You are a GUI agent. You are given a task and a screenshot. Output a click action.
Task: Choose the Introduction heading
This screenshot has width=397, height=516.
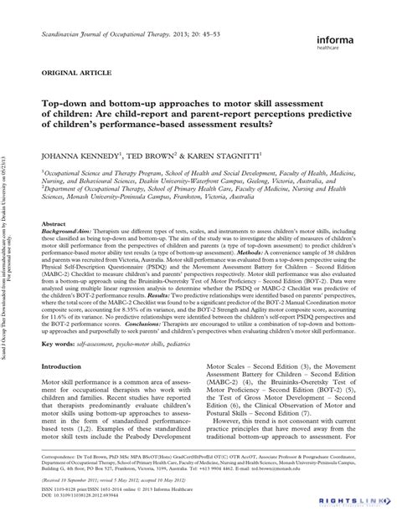tap(70, 390)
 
